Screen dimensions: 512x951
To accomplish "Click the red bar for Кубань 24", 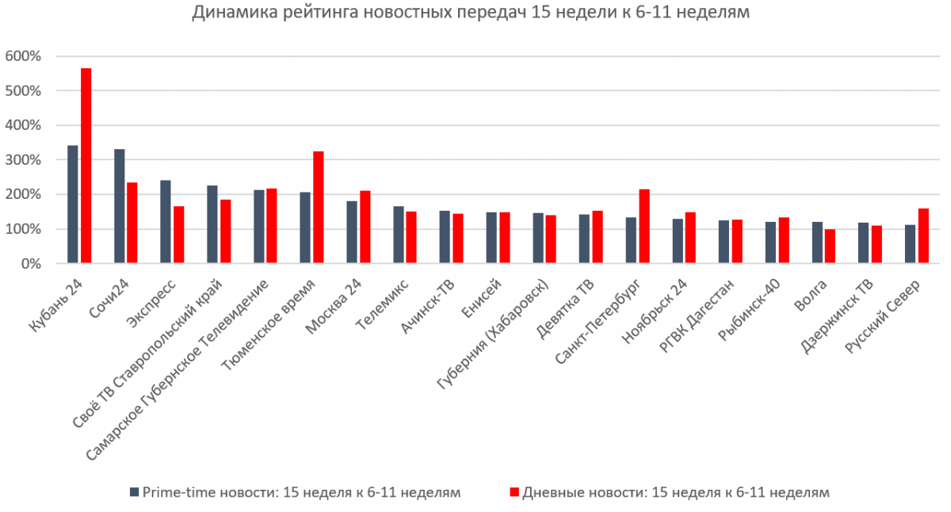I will point(86,166).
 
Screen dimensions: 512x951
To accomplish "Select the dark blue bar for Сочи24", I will point(119,206).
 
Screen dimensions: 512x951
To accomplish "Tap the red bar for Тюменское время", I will point(318,207).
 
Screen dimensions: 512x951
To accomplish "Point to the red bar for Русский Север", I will point(923,235).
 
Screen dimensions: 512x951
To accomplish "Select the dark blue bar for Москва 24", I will point(352,232).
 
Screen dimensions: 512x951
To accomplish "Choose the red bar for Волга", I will point(831,246).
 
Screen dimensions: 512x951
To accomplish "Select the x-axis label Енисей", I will point(486,295).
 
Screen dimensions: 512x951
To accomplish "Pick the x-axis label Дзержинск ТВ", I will point(842,313).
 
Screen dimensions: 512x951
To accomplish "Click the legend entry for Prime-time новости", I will point(300,492).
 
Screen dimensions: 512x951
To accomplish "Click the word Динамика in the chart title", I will point(230,13).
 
